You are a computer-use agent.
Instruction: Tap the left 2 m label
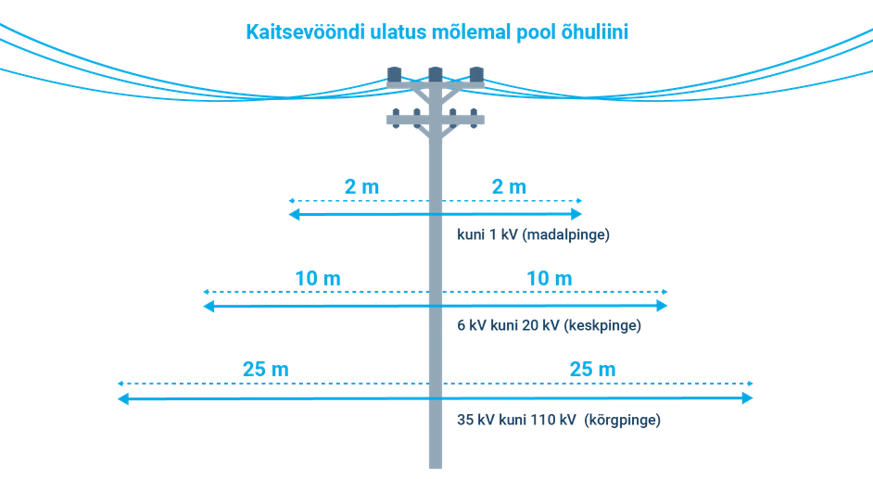361,186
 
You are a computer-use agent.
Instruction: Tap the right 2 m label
509,186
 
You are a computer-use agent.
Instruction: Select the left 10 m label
318,277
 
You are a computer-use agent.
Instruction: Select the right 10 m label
550,277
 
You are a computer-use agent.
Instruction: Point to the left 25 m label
265,369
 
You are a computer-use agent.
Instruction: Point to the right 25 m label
592,369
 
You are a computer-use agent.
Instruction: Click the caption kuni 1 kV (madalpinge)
534,235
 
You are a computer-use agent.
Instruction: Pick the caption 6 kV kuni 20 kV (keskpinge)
550,326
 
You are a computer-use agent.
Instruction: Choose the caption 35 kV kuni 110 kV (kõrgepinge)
559,419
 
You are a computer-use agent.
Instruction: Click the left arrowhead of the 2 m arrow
293,215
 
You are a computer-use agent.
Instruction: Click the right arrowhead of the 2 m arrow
576,215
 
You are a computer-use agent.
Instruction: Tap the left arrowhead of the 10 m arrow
209,306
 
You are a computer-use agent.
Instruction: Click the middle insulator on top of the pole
435,73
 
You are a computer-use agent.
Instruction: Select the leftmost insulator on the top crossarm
394,73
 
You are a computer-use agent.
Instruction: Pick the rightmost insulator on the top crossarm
475,73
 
